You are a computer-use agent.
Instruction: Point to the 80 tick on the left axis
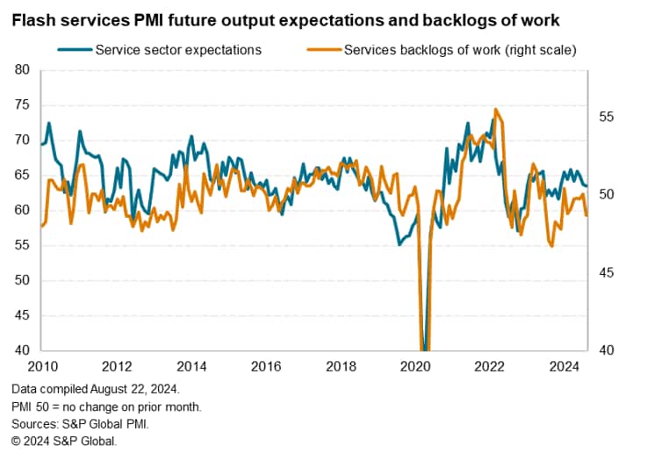pos(23,70)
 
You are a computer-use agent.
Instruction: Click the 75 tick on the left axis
pos(23,105)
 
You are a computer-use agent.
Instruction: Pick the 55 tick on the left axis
pos(23,245)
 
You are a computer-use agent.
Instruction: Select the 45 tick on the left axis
pos(23,315)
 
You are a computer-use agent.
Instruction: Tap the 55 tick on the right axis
pos(607,117)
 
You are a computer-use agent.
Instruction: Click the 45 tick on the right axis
pos(607,273)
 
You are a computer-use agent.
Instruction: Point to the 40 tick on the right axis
pos(607,350)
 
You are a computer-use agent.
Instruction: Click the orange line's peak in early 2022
pos(496,109)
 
